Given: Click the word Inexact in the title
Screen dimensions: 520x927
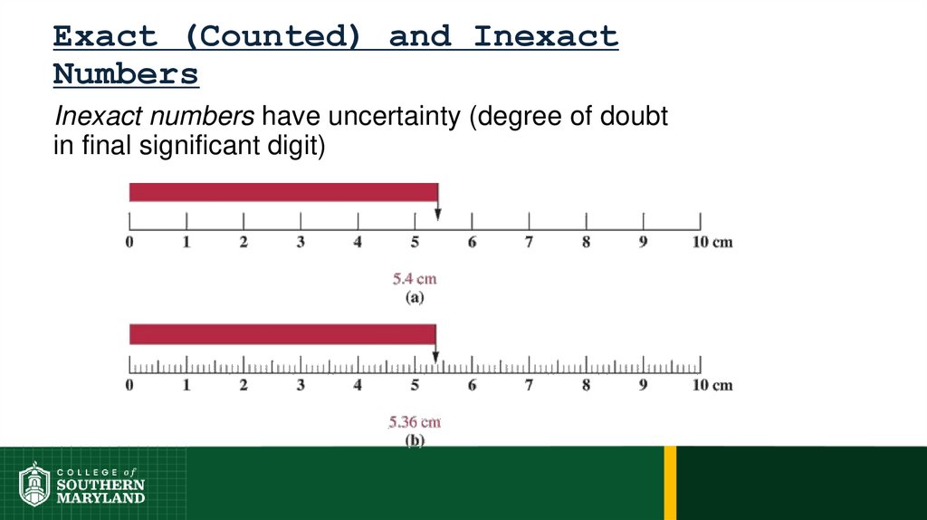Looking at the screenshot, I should click(546, 37).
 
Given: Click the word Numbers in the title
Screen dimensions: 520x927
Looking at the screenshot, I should click(126, 74).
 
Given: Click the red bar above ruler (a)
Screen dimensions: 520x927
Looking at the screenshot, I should click(283, 192).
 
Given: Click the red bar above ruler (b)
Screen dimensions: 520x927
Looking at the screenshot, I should click(282, 334).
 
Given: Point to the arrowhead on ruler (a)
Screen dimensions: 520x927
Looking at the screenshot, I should click(437, 215).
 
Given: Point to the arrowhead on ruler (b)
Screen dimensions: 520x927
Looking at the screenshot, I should click(435, 358).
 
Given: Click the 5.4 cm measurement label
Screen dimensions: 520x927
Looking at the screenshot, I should click(415, 279).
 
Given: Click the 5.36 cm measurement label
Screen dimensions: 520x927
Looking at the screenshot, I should click(415, 422).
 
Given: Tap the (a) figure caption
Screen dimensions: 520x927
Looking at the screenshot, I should click(414, 296).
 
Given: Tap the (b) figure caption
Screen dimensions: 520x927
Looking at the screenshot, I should click(414, 440).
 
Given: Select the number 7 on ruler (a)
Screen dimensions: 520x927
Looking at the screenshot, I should click(530, 243).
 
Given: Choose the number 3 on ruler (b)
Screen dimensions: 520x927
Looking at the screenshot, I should click(301, 386).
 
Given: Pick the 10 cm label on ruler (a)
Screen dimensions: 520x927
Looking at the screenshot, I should click(711, 243).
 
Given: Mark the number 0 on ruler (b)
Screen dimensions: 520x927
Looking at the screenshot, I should click(129, 386).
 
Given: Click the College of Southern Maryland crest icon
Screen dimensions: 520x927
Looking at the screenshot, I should click(33, 484).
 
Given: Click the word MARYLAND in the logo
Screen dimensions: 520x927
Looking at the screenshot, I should click(100, 498).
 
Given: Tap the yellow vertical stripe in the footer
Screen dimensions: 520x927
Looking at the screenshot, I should click(670, 482).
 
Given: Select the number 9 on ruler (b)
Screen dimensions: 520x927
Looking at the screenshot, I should click(643, 386).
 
